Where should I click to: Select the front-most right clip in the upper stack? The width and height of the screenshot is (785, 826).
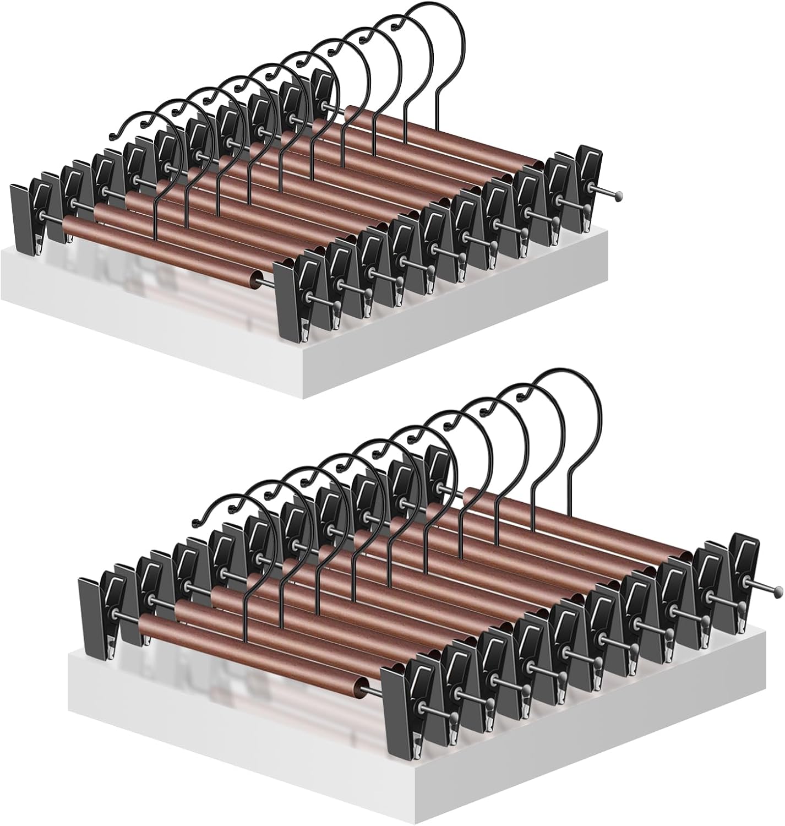[289, 300]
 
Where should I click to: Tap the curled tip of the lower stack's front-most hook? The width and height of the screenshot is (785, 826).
[195, 522]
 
